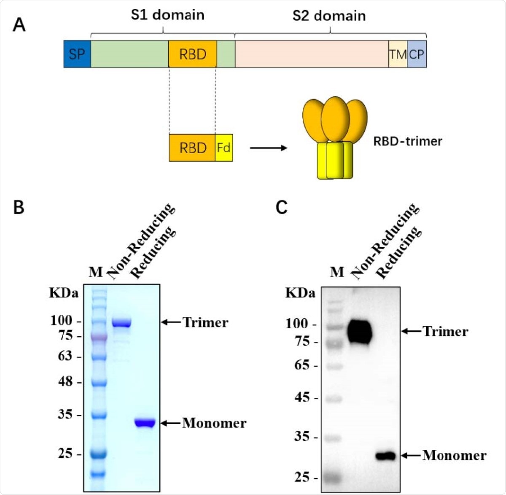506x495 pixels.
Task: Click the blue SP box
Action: click(x=77, y=54)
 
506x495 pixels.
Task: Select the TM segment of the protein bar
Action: click(x=398, y=54)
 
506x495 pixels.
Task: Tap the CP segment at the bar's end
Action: click(x=417, y=54)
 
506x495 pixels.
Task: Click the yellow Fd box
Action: click(x=223, y=148)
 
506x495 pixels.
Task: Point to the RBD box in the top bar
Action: click(x=193, y=54)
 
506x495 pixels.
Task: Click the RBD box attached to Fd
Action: click(x=192, y=148)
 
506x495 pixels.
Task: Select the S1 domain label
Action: click(x=167, y=15)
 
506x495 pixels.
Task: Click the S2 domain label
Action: click(x=329, y=16)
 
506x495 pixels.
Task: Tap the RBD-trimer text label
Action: click(x=407, y=141)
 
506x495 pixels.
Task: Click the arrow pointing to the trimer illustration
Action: click(x=268, y=148)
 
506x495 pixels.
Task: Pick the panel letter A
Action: click(x=19, y=25)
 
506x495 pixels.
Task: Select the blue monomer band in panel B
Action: click(x=145, y=422)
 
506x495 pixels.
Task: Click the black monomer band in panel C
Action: click(x=385, y=456)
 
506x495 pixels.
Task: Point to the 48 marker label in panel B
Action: click(x=65, y=382)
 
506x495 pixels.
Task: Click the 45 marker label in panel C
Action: click(x=302, y=398)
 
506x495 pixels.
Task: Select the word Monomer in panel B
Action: click(x=214, y=423)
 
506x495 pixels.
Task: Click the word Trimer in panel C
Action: click(x=445, y=332)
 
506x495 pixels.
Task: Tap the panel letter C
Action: click(x=281, y=207)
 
